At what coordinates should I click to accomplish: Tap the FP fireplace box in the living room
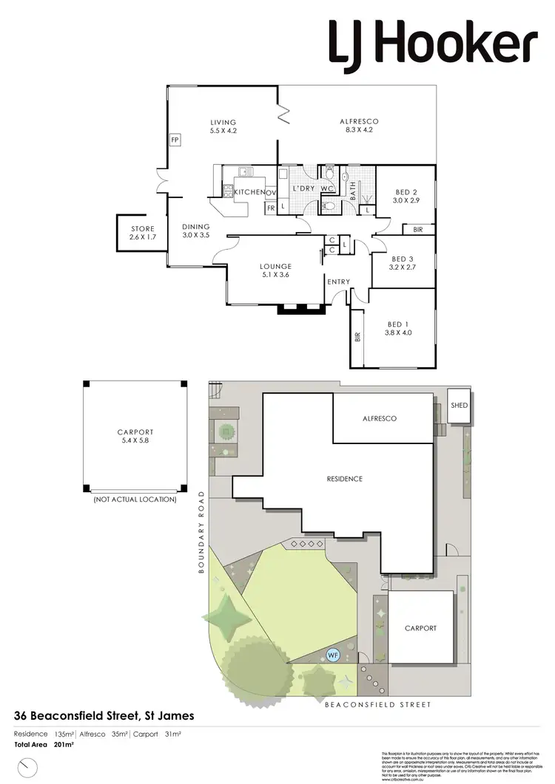tap(175, 139)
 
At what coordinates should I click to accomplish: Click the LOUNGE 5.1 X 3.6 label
tap(275, 270)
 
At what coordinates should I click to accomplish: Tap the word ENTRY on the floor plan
tap(339, 282)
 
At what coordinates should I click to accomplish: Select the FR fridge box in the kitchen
tap(271, 208)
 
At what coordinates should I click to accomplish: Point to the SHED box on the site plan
tap(460, 406)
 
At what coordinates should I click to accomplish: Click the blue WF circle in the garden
tap(334, 654)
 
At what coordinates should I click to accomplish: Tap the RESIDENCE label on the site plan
tap(345, 479)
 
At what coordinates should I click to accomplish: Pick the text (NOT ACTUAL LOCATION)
tap(135, 500)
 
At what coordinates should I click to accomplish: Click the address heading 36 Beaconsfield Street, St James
tap(104, 716)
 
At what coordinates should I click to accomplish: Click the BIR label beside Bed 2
tap(418, 230)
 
